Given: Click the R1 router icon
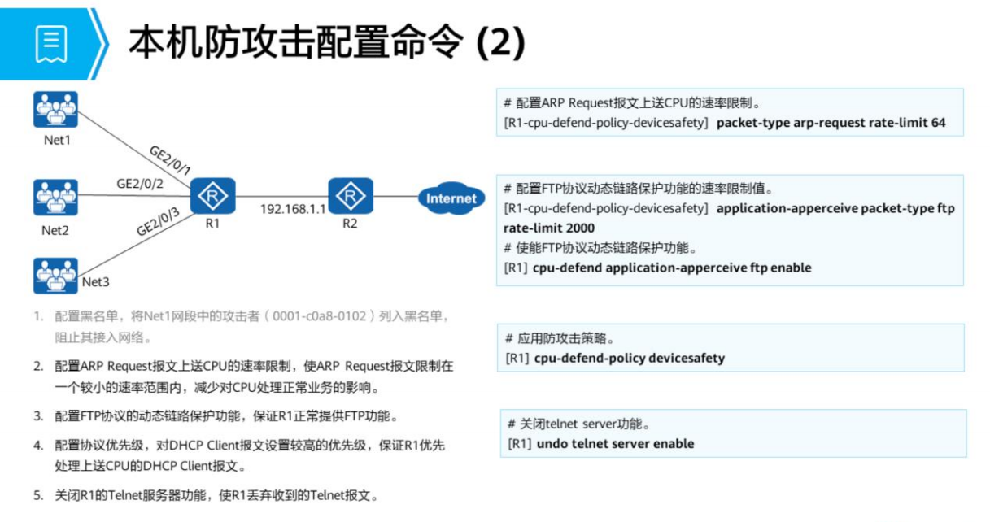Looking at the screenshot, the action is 213,195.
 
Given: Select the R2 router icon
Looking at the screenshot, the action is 351,195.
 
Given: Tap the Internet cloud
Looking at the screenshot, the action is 451,198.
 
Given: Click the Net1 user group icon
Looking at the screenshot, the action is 56,110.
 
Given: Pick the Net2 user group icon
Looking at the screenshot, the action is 56,198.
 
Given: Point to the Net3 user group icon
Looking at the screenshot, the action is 56,276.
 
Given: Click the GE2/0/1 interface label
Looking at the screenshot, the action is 170,161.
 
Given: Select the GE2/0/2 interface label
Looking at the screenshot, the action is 140,184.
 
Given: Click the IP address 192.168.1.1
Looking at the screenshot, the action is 293,209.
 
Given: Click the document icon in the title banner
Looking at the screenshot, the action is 50,44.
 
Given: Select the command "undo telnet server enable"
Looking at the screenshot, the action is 615,444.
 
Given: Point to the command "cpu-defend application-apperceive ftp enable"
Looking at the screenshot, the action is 672,268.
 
